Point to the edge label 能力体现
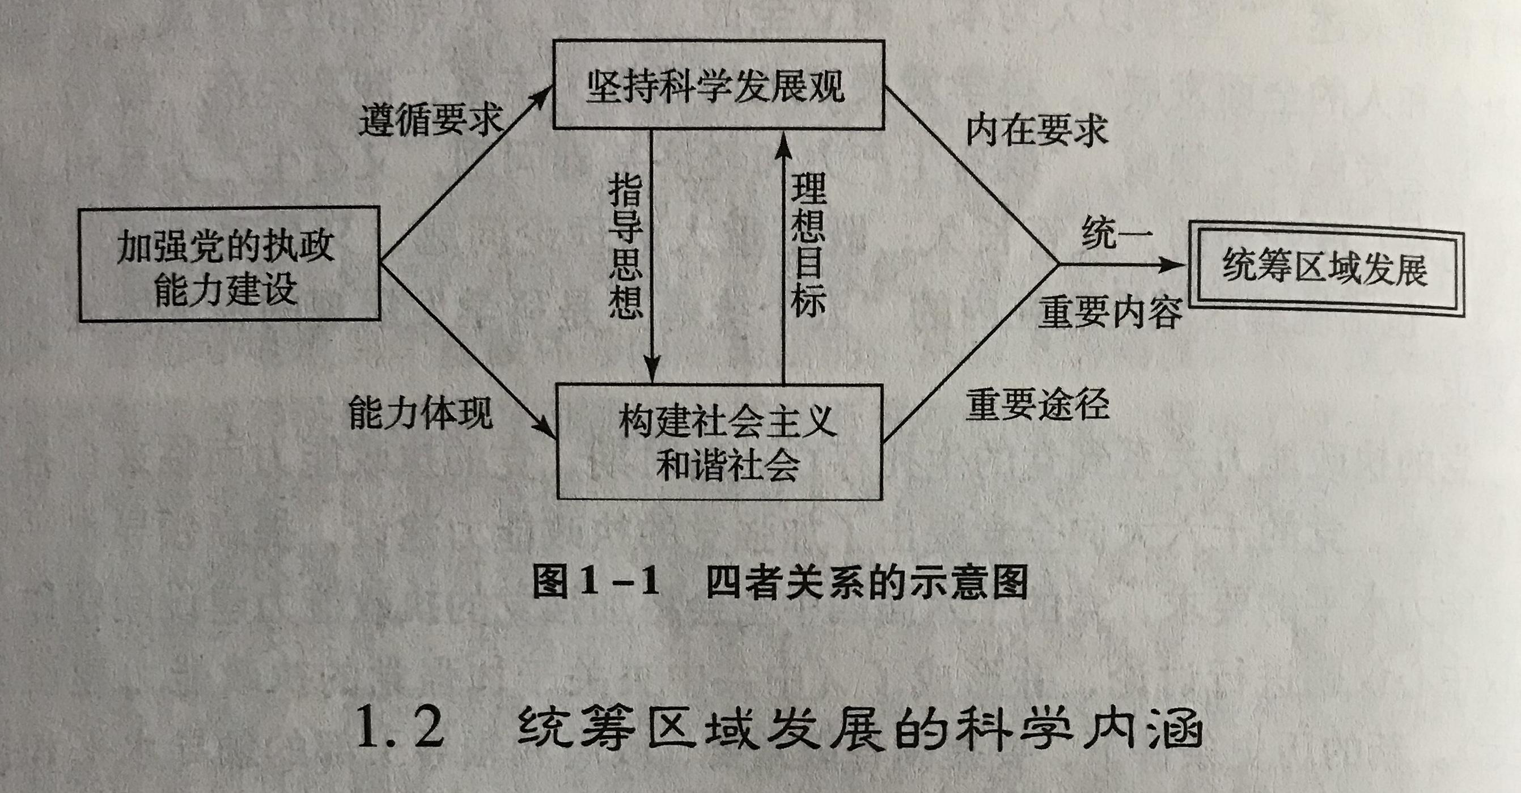click(421, 412)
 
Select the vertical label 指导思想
click(625, 245)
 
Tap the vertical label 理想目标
click(808, 244)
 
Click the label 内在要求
click(1037, 130)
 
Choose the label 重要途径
click(1037, 405)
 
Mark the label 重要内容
click(1111, 311)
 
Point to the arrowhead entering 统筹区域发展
click(1171, 265)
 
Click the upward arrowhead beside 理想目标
click(783, 145)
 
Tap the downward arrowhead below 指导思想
click(652, 369)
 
